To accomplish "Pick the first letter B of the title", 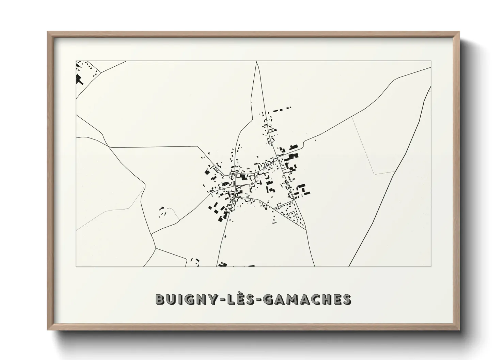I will [x=160, y=299].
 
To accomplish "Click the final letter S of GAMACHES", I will [x=347, y=299].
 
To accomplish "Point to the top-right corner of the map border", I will [x=431, y=61].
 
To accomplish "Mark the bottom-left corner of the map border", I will [x=76, y=266].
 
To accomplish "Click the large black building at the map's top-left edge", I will [x=79, y=80].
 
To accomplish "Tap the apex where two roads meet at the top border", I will [x=256, y=62].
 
